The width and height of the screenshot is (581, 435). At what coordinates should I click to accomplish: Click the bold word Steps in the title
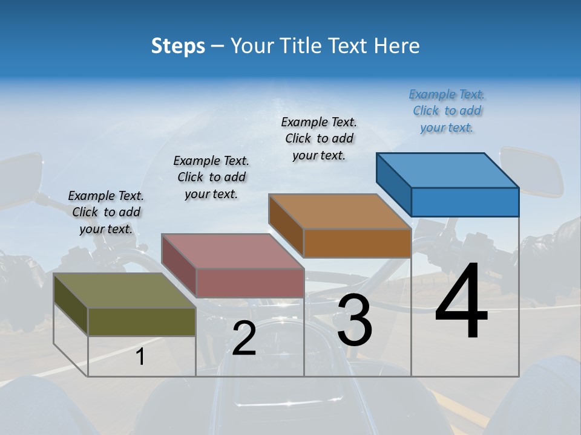pos(178,46)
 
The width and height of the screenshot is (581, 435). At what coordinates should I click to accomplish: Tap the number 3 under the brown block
pos(355,320)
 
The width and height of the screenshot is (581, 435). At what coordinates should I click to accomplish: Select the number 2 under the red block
pos(244,338)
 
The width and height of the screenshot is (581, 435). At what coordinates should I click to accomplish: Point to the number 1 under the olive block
pos(140,357)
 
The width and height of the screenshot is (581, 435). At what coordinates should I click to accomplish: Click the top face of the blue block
pos(448,170)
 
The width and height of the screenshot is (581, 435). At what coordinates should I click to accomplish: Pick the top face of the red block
pos(232,251)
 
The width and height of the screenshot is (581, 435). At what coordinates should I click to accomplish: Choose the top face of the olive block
pos(125,290)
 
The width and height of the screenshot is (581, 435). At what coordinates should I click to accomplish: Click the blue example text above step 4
pos(447,111)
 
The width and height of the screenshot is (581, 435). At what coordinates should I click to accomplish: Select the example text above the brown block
pos(319,139)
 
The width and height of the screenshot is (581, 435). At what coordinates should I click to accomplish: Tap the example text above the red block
pos(211,177)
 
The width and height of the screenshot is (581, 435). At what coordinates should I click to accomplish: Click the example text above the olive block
pos(106,212)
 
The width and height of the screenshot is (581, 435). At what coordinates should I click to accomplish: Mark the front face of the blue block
pos(465,202)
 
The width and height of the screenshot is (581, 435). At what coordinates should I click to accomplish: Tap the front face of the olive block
pos(142,321)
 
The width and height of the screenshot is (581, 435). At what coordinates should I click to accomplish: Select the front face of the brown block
pos(357,243)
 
